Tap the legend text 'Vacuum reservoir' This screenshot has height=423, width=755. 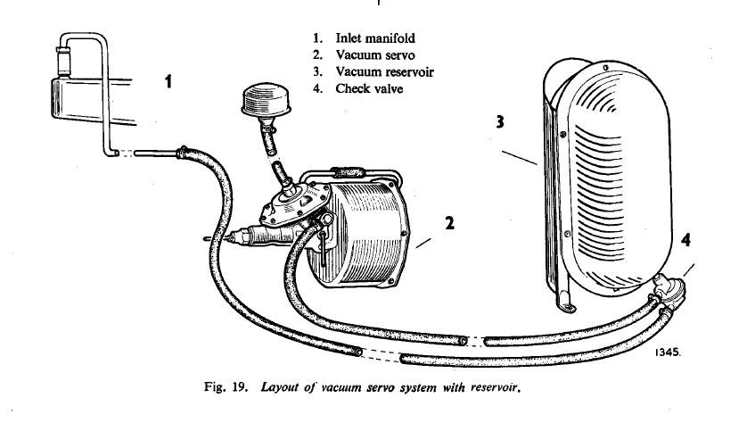tap(384, 72)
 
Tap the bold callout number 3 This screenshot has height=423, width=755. tap(501, 123)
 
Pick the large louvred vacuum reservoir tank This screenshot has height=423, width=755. tap(606, 178)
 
